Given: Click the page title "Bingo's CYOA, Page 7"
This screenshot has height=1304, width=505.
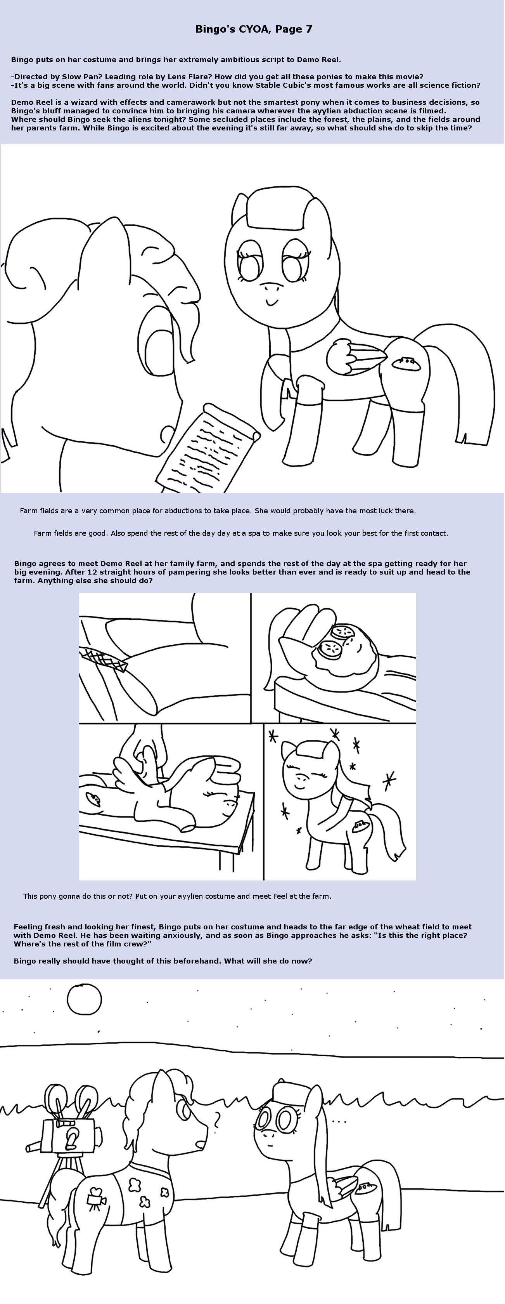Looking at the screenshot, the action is click(x=254, y=30).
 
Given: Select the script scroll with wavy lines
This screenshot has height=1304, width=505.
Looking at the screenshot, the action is click(x=208, y=448).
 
